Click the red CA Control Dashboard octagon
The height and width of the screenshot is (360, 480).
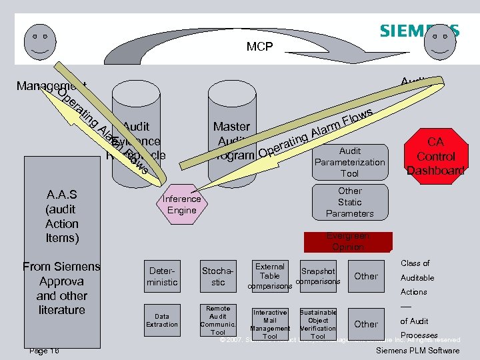point(435,156)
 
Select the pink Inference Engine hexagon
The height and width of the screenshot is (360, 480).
point(181,204)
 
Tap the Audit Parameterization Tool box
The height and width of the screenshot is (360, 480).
point(349,162)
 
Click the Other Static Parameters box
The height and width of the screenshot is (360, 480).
point(349,202)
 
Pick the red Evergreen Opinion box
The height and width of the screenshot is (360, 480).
point(348,241)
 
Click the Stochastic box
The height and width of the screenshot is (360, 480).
point(218,276)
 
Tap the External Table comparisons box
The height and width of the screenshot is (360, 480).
point(270,275)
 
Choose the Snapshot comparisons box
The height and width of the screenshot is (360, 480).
point(318,276)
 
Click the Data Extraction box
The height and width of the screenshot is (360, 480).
point(162,321)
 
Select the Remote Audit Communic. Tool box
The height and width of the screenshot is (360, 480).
point(218,321)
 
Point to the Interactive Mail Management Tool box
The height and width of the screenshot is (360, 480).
point(270,323)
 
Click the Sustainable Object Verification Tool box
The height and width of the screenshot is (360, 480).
point(318,323)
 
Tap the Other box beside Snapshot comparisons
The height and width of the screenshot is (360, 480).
point(366,276)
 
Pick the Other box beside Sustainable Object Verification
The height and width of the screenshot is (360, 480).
point(366,324)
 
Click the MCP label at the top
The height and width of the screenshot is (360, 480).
point(259,47)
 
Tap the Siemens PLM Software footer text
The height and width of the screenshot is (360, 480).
point(418,351)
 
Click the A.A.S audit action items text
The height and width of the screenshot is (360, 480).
point(61,216)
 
